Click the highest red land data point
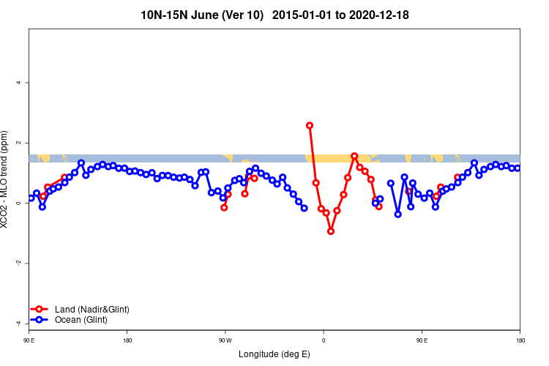point(310,125)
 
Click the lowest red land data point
point(331,231)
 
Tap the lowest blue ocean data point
point(398,214)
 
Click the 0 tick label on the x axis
point(324,341)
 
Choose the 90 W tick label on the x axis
point(225,341)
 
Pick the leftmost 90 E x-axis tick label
point(29,341)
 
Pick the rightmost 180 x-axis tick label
point(520,341)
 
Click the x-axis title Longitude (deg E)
point(274,355)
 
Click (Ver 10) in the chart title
point(244,15)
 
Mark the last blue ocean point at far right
point(518,168)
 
